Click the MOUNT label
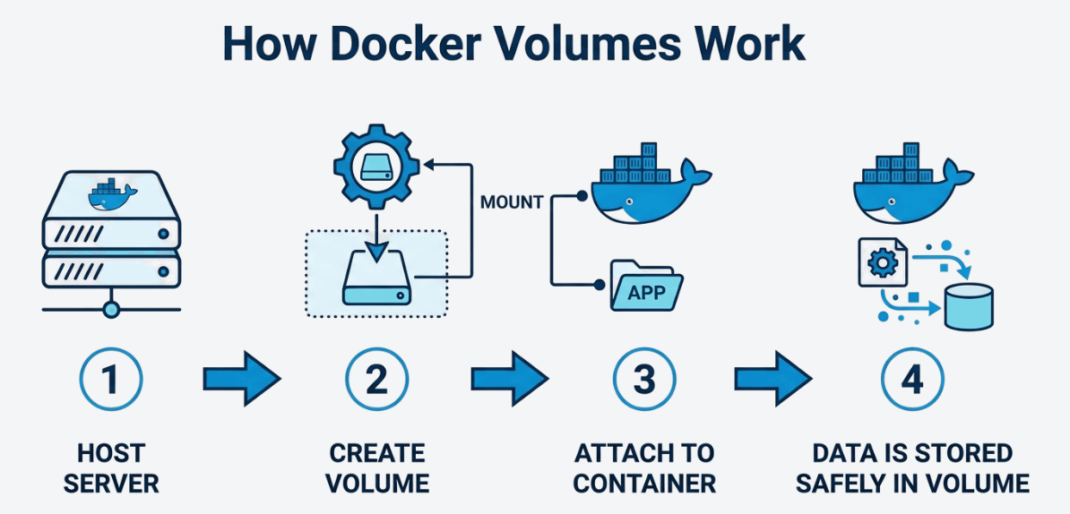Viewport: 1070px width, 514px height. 512,202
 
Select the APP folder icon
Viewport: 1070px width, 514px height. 646,286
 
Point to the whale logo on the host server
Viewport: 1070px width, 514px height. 109,194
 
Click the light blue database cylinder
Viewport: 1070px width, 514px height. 969,307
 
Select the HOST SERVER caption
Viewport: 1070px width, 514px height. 111,468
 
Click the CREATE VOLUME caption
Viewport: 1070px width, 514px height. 376,468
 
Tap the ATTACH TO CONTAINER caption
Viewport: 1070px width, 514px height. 644,468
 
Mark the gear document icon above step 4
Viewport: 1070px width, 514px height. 883,262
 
